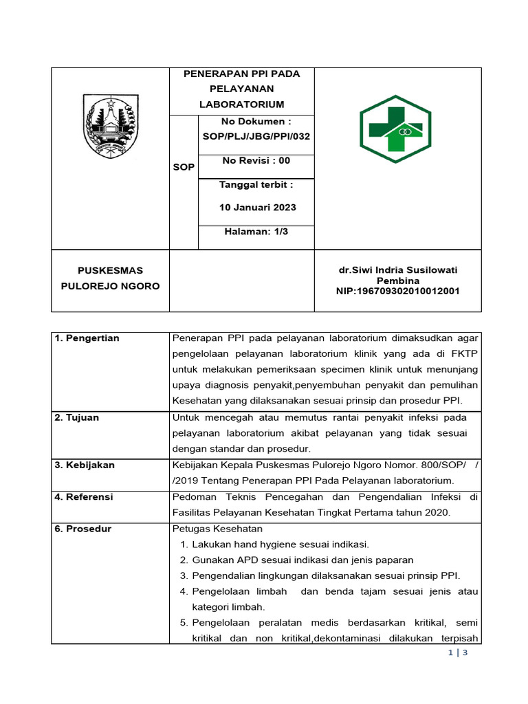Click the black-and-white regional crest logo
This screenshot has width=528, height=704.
[x=110, y=126]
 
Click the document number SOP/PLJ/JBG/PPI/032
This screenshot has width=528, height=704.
[x=256, y=136]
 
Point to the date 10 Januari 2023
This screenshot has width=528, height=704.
[x=257, y=207]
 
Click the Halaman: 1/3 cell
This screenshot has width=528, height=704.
[x=256, y=232]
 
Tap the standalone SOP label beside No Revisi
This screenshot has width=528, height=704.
[x=184, y=167]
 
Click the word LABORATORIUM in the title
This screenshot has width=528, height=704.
[x=241, y=104]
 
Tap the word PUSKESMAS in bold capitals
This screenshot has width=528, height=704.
[x=110, y=271]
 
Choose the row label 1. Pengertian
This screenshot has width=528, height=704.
[x=87, y=338]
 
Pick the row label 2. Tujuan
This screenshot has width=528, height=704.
[x=77, y=418]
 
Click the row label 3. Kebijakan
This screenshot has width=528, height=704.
[x=85, y=465]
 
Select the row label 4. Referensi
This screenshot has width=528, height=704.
[x=84, y=496]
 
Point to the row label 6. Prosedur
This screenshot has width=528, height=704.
[x=82, y=529]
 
